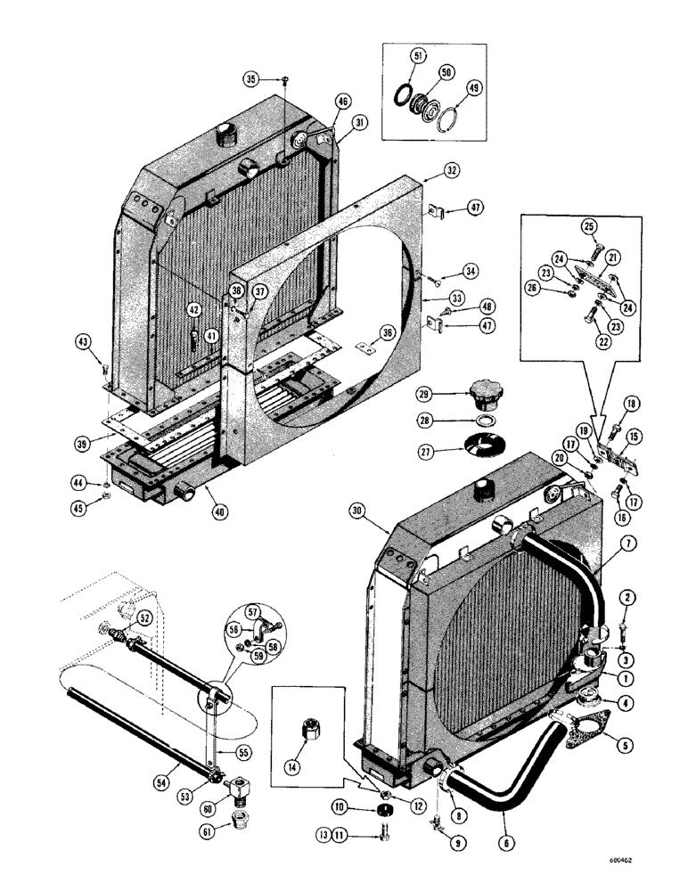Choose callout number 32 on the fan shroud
[452, 169]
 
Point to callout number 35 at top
[253, 79]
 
